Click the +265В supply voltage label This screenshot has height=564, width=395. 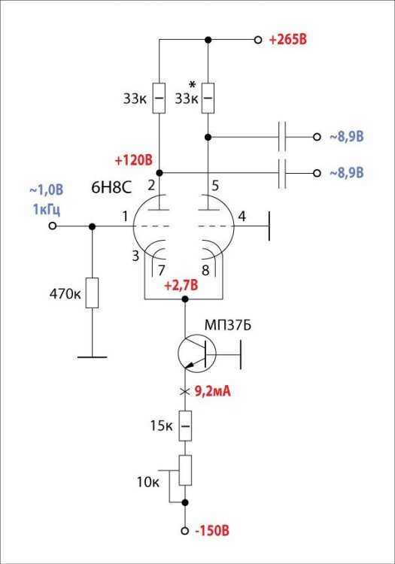tap(288, 39)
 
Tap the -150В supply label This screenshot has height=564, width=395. tap(212, 531)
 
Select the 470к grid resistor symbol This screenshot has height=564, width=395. tap(92, 293)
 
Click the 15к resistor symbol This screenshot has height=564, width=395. tap(185, 426)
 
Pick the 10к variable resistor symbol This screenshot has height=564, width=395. tap(185, 470)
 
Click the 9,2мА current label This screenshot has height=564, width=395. tap(213, 391)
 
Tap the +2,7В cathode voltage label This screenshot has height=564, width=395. tap(181, 286)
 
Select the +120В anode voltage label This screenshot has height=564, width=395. tap(133, 160)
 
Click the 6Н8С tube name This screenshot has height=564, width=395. tap(111, 187)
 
